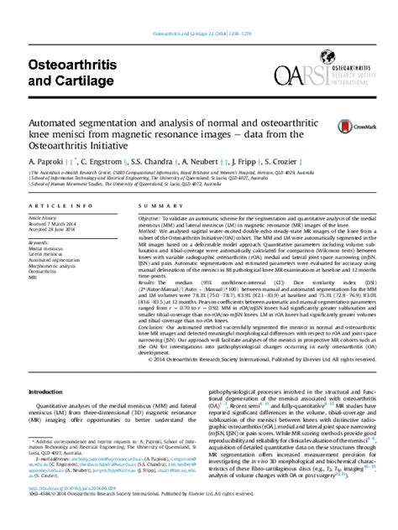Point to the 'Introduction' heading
pyautogui.click(x=45, y=392)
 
